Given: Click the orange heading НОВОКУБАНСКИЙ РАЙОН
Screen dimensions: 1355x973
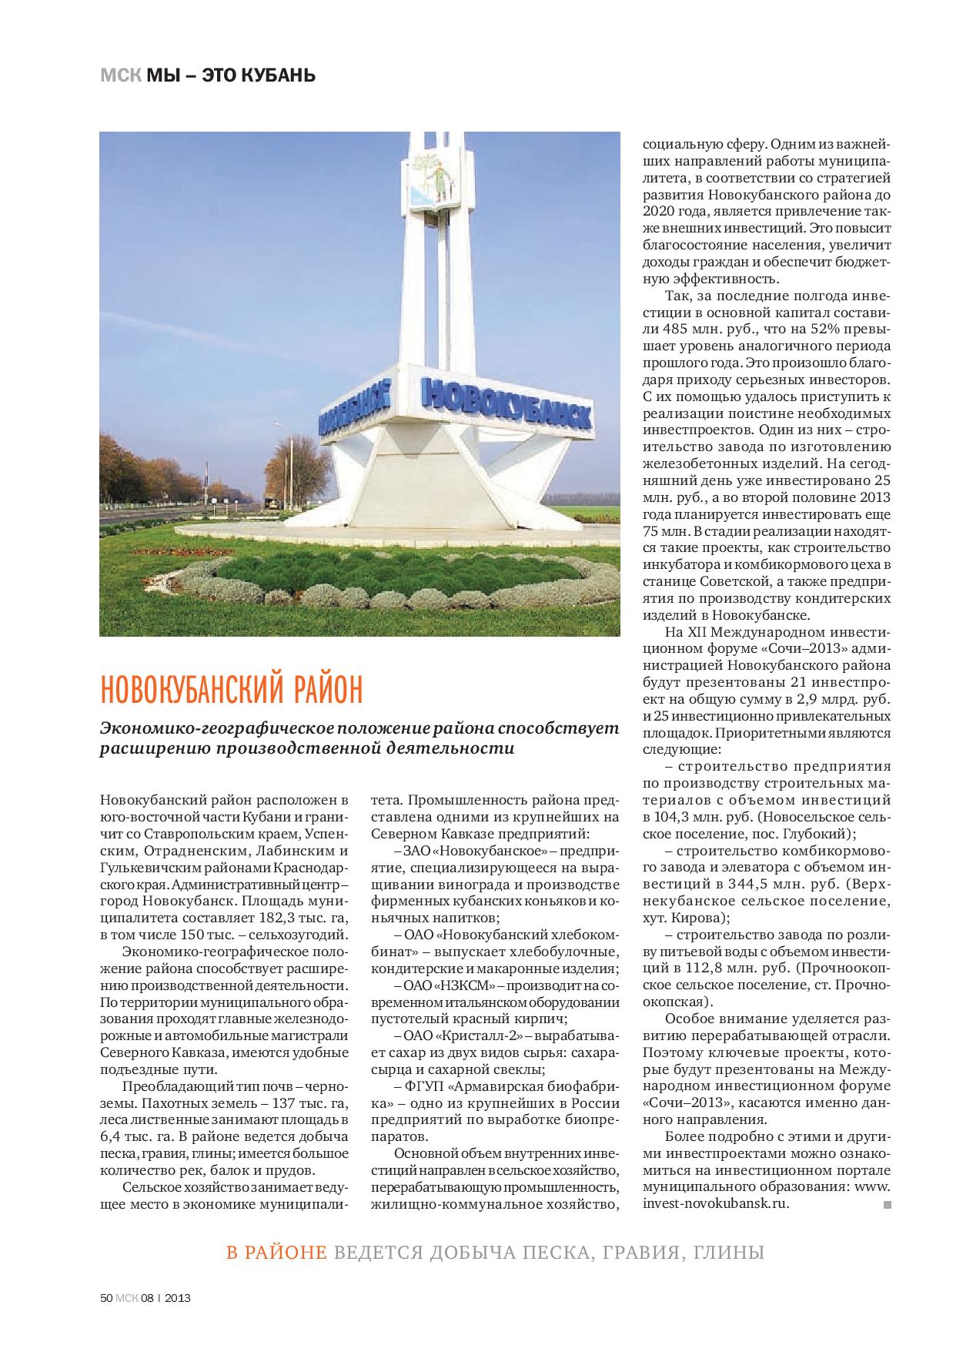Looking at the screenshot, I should coord(230,689).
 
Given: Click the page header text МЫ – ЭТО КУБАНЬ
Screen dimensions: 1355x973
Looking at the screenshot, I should coord(230,75).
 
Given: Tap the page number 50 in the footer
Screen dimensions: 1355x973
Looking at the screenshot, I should coord(106,1296).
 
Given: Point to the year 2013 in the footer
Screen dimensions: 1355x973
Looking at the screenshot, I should coord(178,1296).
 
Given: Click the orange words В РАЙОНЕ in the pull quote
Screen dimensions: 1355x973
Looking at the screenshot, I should coord(276,1253).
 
